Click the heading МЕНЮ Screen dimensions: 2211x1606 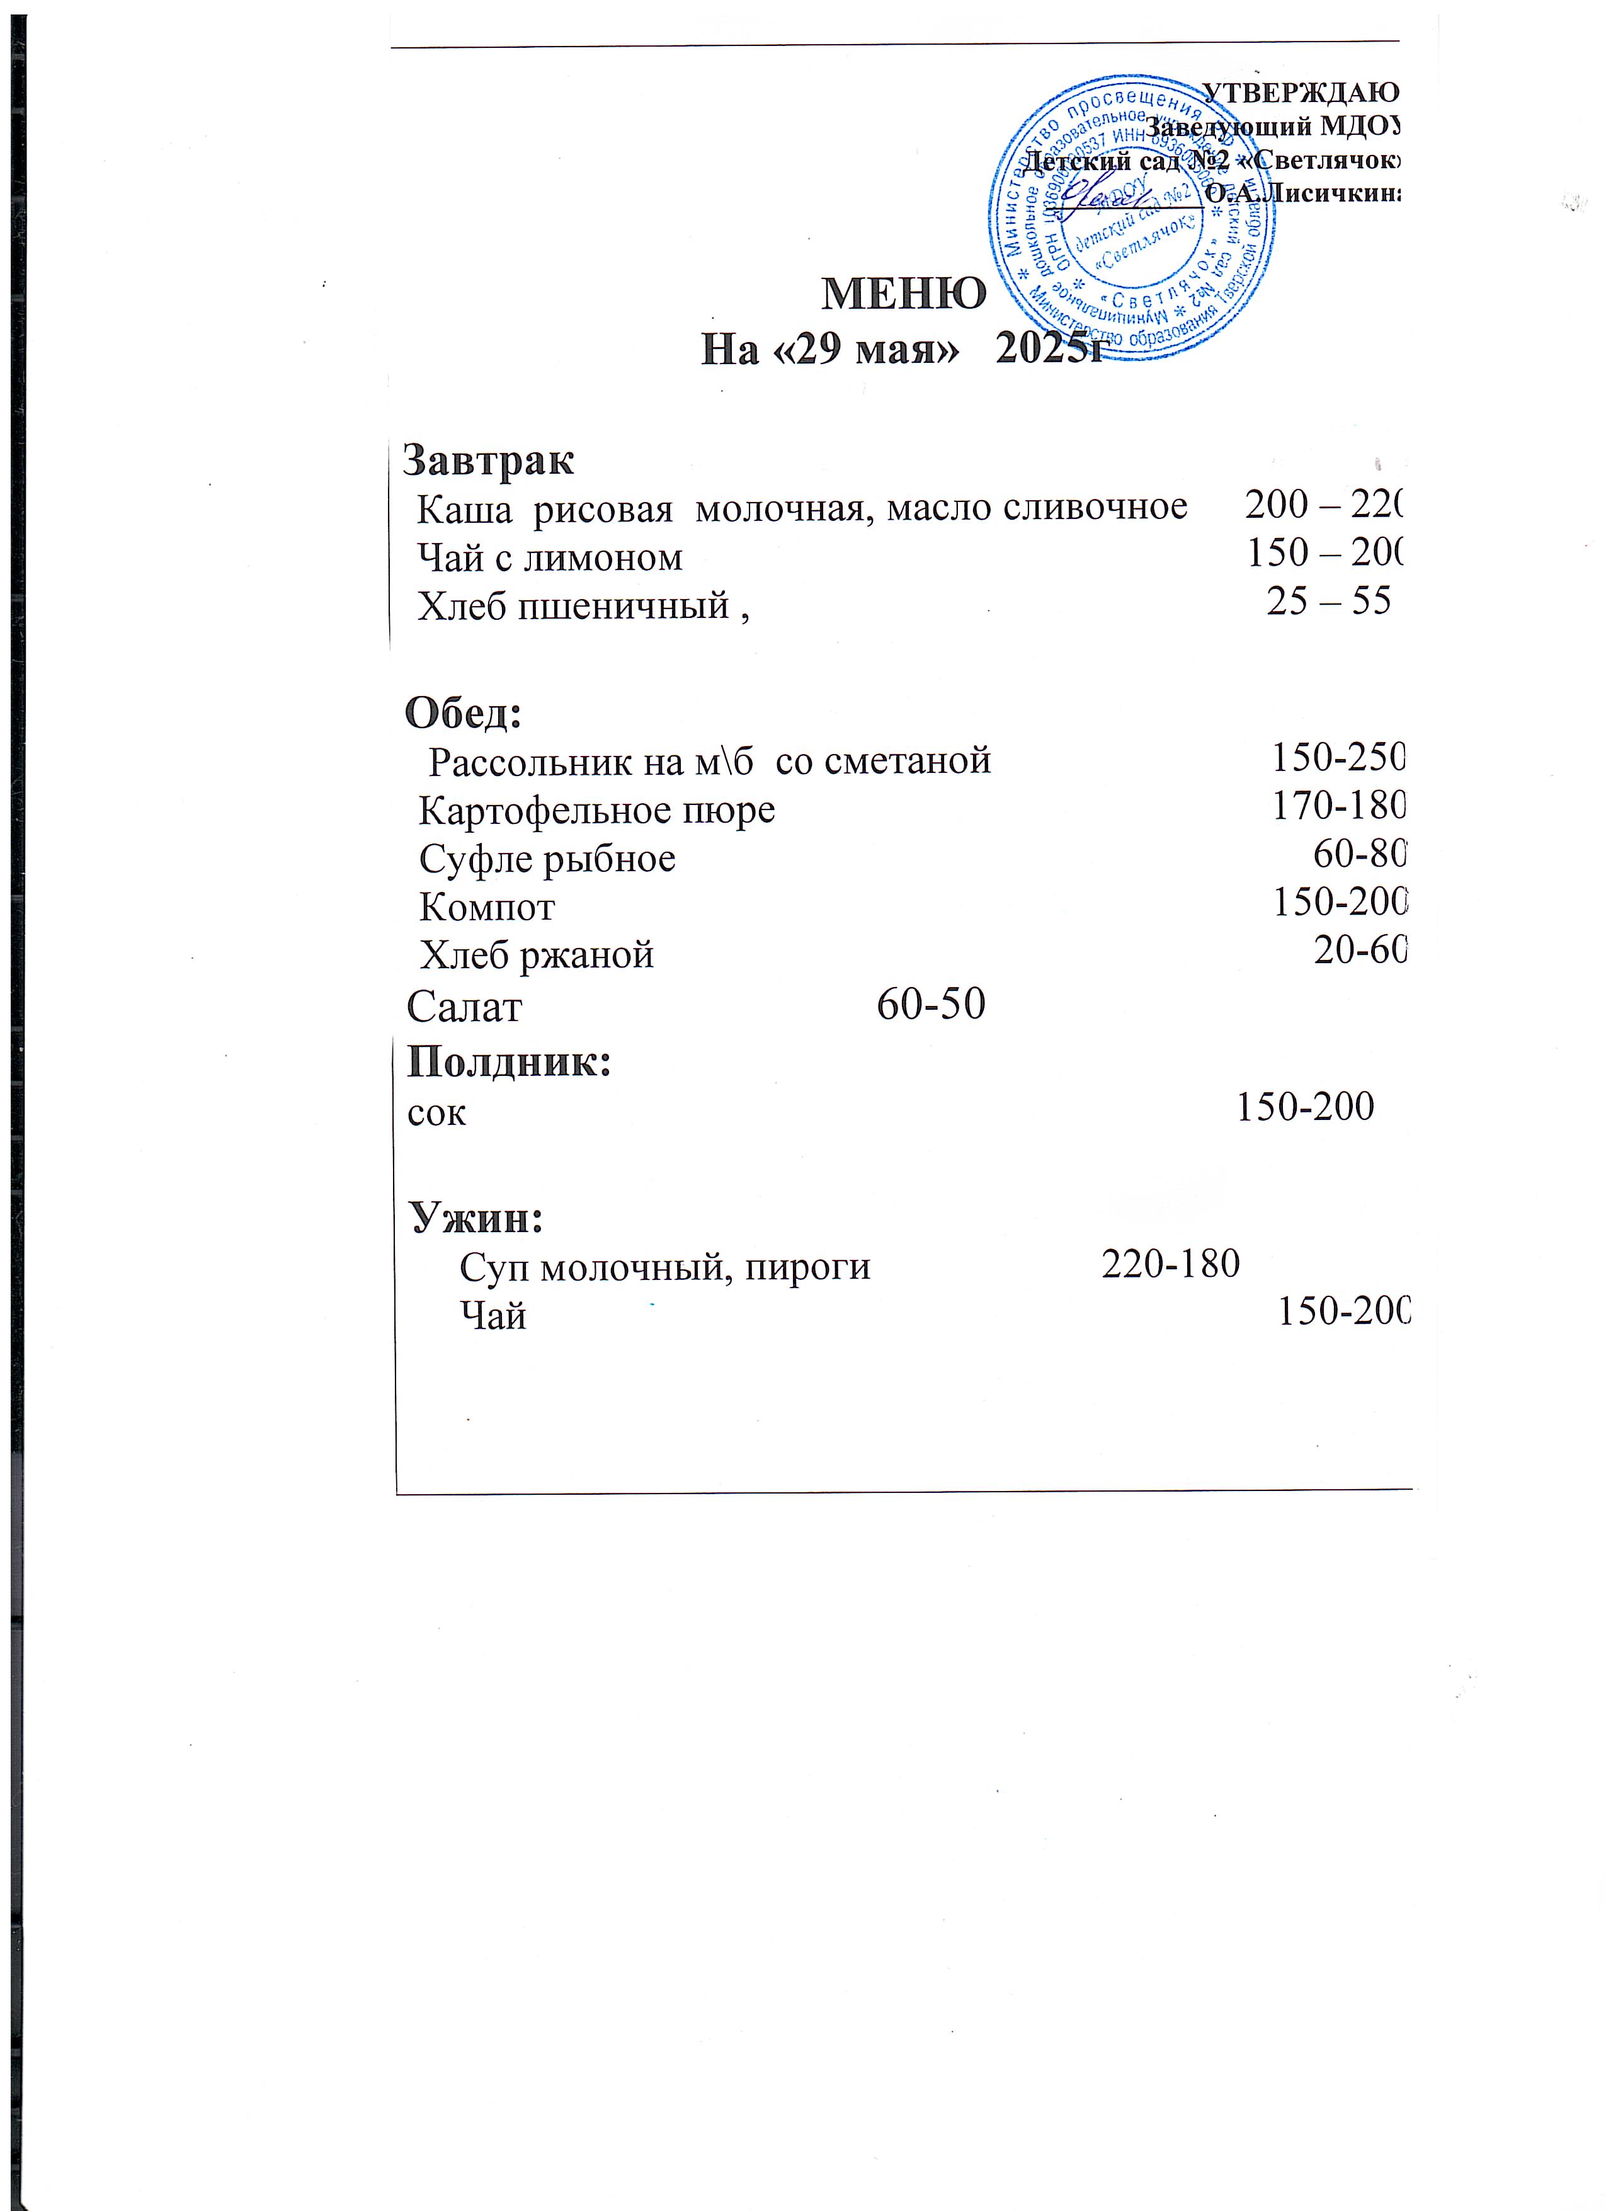coord(903,292)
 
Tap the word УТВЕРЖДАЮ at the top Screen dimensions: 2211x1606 coord(1300,93)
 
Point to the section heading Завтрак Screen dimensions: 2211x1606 coord(488,459)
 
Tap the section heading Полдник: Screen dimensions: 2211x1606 coord(509,1061)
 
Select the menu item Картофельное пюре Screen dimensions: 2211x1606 coord(596,810)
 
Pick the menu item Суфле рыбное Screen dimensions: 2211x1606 coord(547,859)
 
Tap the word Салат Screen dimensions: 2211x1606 coord(464,1006)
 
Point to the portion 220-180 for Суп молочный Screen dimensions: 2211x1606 coord(1170,1264)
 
